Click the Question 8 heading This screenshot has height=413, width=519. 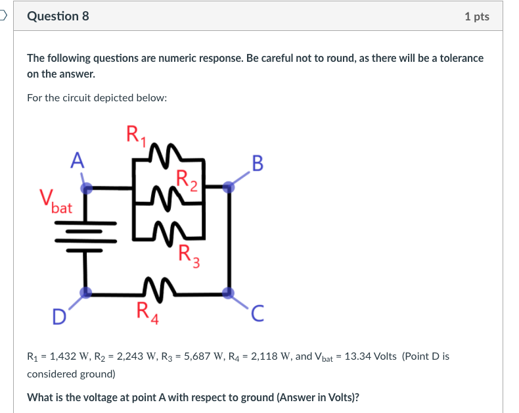(x=58, y=16)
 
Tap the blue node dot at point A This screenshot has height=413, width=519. (x=86, y=189)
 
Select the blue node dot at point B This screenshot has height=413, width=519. (x=228, y=187)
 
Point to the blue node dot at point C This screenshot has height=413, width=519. (x=228, y=293)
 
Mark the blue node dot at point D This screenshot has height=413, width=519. (x=85, y=293)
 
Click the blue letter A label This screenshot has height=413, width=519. (x=78, y=160)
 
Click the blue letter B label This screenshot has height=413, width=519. (x=257, y=162)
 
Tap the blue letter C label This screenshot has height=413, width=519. (x=258, y=317)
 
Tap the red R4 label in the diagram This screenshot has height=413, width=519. (x=147, y=311)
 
